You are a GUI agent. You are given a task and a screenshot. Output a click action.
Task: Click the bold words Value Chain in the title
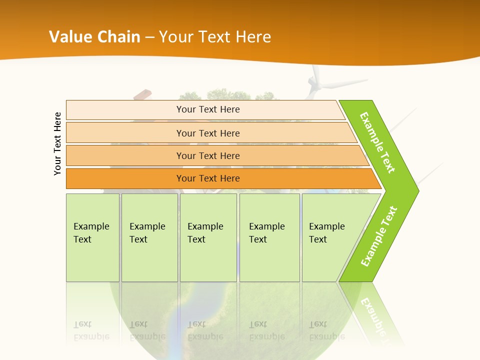point(94,37)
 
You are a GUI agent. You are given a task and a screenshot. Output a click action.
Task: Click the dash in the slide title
point(149,37)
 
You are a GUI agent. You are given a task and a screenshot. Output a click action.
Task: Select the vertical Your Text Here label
point(57,143)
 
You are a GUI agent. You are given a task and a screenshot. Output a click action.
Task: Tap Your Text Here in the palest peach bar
point(208,109)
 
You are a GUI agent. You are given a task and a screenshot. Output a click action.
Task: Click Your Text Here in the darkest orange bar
point(208,178)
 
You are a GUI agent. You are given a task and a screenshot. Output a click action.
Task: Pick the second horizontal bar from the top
point(208,133)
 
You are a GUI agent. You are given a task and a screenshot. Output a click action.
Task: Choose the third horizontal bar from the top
point(208,155)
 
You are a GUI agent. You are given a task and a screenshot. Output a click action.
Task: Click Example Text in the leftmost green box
point(91,233)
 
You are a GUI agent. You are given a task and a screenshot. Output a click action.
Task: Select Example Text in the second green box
point(147,233)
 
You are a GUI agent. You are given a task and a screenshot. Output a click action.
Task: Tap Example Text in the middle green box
point(205,233)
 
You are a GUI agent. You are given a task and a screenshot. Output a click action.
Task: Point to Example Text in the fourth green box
point(266,233)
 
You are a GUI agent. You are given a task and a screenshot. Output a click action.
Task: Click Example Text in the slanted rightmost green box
point(326,233)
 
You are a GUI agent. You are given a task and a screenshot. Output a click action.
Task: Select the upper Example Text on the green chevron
point(377,142)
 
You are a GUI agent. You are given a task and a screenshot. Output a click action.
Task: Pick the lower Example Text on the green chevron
point(379,236)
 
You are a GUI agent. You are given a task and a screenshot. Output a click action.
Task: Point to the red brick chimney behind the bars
point(142,95)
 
